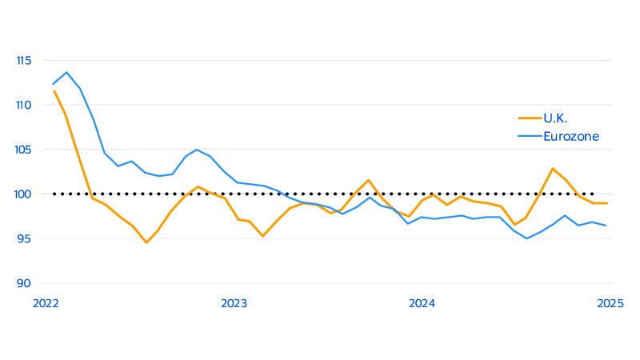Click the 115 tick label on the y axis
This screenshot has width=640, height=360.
coord(22,60)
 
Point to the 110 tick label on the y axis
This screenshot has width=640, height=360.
coord(22,105)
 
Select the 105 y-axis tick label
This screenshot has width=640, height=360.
coord(22,150)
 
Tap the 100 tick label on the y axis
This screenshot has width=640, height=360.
coord(22,194)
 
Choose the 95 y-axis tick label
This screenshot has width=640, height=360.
coord(24,238)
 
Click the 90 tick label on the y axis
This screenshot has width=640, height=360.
coord(24,283)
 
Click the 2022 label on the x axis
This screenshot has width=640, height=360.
coord(46,303)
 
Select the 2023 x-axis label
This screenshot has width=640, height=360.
coord(234,303)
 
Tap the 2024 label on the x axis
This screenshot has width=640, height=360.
coord(422,303)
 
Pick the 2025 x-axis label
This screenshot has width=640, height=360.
coord(610,303)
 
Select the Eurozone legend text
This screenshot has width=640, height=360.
coord(571,137)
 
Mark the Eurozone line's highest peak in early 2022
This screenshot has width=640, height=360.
coord(66,72)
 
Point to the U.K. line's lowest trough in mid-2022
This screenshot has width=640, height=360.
coord(146,242)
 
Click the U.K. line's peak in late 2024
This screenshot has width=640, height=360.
coord(552,168)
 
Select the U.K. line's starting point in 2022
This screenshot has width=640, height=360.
coord(54,90)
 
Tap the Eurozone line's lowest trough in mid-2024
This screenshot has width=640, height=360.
coord(526,238)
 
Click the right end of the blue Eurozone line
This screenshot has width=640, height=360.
coord(606,226)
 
